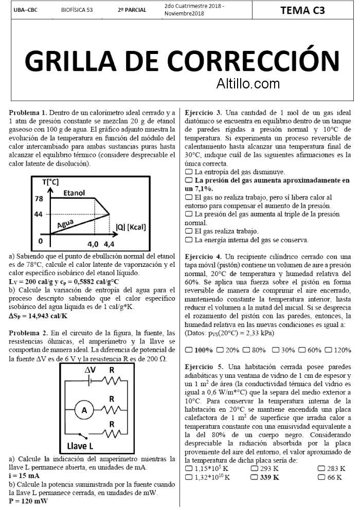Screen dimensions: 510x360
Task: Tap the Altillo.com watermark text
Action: (x=248, y=82)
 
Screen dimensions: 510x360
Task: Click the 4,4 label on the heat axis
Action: (x=109, y=244)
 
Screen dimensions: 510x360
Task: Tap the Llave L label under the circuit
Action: (x=80, y=445)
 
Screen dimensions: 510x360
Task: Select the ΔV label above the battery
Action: (x=90, y=369)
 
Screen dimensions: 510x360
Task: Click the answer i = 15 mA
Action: (x=24, y=476)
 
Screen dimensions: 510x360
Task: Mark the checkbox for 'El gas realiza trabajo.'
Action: (x=188, y=231)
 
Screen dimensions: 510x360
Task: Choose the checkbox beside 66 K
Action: (x=321, y=477)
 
